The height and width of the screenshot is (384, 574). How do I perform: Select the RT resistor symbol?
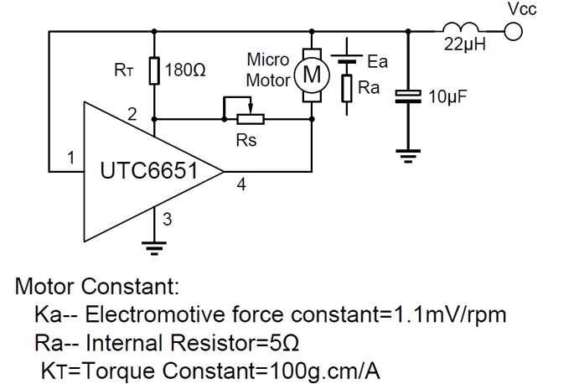click(154, 70)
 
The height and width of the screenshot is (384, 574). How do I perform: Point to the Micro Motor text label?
click(268, 70)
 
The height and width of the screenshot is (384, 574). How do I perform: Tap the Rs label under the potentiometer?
click(246, 141)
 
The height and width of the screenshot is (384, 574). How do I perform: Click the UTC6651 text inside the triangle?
click(148, 172)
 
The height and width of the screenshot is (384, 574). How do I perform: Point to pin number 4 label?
click(241, 185)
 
